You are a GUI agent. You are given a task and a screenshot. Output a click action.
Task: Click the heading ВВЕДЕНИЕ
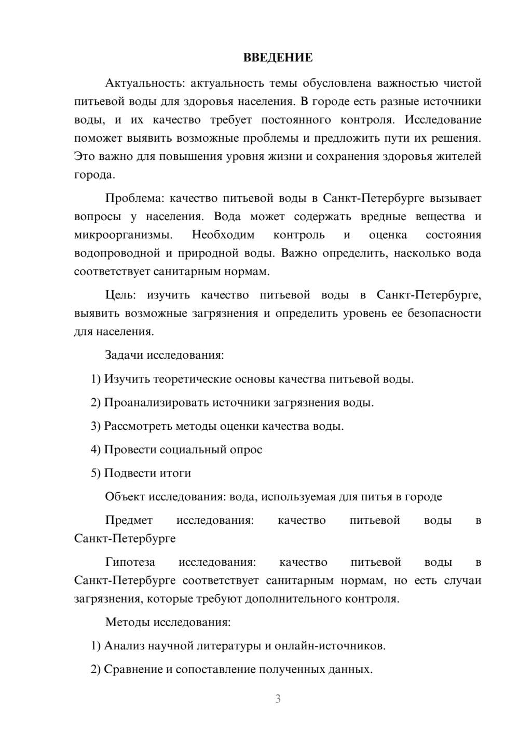pos(278,58)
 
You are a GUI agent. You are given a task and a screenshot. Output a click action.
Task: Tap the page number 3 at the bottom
pos(278,699)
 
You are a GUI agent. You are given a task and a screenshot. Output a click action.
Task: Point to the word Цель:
pos(120,295)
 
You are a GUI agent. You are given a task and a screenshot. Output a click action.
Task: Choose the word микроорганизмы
pos(124,235)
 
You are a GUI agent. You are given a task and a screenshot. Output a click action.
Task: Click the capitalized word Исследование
pos(443,119)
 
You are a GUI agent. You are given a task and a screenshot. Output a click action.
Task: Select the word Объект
pos(125,497)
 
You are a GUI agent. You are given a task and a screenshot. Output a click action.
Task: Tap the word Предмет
pos(129,520)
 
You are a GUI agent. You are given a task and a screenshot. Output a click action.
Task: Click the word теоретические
pos(192,379)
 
